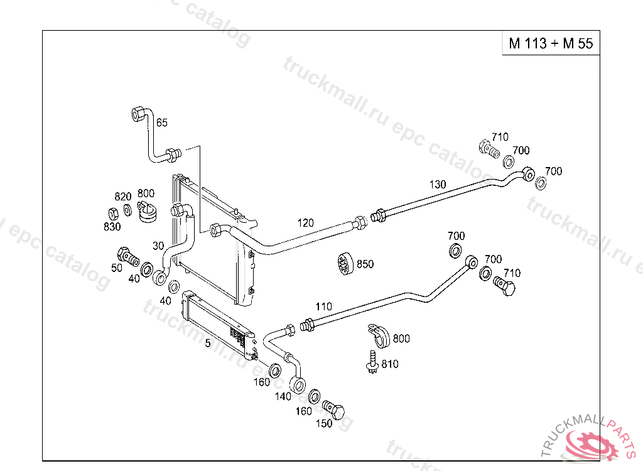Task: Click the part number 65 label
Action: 162,122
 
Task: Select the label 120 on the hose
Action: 305,222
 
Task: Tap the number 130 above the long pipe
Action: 438,184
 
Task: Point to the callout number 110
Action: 323,306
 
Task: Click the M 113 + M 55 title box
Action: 551,43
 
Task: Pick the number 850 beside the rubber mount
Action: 365,264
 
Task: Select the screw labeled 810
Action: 371,361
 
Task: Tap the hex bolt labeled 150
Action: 335,411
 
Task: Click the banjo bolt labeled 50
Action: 126,256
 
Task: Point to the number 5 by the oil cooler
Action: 207,343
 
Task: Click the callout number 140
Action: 283,396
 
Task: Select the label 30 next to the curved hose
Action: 158,246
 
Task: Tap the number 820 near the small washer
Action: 122,196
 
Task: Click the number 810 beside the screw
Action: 389,364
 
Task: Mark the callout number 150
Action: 323,423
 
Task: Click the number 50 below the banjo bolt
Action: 117,268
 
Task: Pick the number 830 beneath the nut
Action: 112,226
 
